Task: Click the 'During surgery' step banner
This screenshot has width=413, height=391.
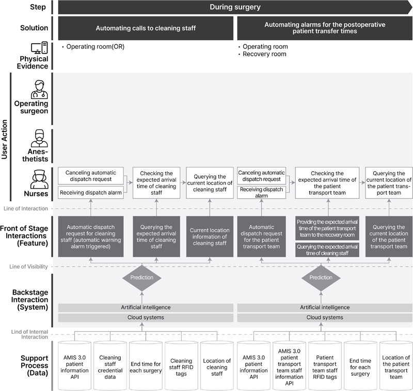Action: (x=235, y=7)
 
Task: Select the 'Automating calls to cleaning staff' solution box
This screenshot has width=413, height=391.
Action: (x=146, y=28)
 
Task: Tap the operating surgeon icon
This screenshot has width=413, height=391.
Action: (x=39, y=89)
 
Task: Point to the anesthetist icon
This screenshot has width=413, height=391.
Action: (x=39, y=138)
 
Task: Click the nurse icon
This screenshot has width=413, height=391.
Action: (x=39, y=179)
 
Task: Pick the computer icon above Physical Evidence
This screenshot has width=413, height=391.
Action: (x=39, y=48)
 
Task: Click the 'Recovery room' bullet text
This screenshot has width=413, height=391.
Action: (x=264, y=54)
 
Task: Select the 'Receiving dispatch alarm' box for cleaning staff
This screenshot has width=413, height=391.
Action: (x=91, y=193)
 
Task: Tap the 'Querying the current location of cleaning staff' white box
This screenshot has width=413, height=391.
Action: (x=210, y=183)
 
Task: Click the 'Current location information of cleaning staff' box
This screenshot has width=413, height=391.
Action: (x=210, y=236)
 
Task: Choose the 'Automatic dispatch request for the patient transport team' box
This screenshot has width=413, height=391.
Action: (x=261, y=236)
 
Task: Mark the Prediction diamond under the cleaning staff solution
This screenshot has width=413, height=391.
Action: (x=141, y=278)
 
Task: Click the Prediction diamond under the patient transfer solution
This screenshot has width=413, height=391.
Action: (x=321, y=278)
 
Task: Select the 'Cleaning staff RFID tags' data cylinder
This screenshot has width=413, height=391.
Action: (x=181, y=366)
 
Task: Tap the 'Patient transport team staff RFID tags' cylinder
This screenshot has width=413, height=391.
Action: (x=325, y=366)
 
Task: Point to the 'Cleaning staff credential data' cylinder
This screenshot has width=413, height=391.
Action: (x=110, y=366)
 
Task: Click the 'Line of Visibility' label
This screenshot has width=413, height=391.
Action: (x=28, y=267)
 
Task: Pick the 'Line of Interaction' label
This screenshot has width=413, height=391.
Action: (x=25, y=209)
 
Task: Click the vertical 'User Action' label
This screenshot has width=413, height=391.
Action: (x=4, y=139)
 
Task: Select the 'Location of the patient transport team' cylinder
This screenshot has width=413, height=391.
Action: (x=396, y=366)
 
